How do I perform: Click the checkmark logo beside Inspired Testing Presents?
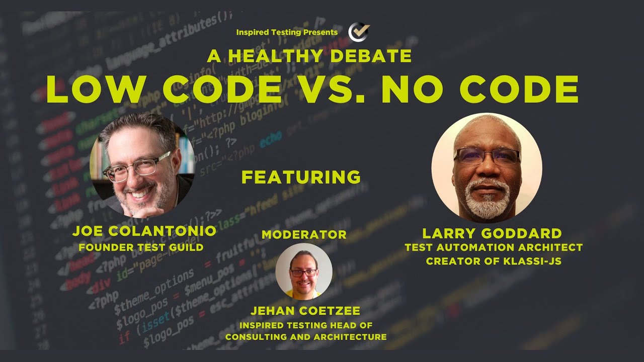(x=359, y=32)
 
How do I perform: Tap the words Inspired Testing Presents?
(x=287, y=32)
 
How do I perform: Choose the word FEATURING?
(x=301, y=177)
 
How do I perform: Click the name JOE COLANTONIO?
(x=144, y=231)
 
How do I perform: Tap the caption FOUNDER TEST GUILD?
(x=141, y=247)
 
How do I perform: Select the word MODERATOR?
(x=304, y=235)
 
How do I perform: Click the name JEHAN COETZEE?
(x=305, y=311)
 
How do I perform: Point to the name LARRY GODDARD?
(x=492, y=233)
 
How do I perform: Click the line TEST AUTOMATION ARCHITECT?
(x=494, y=247)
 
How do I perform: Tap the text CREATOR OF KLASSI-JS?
(x=494, y=261)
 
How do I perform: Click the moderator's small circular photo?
(x=303, y=271)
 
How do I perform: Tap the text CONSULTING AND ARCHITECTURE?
(x=306, y=337)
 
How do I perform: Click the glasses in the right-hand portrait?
(x=487, y=156)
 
